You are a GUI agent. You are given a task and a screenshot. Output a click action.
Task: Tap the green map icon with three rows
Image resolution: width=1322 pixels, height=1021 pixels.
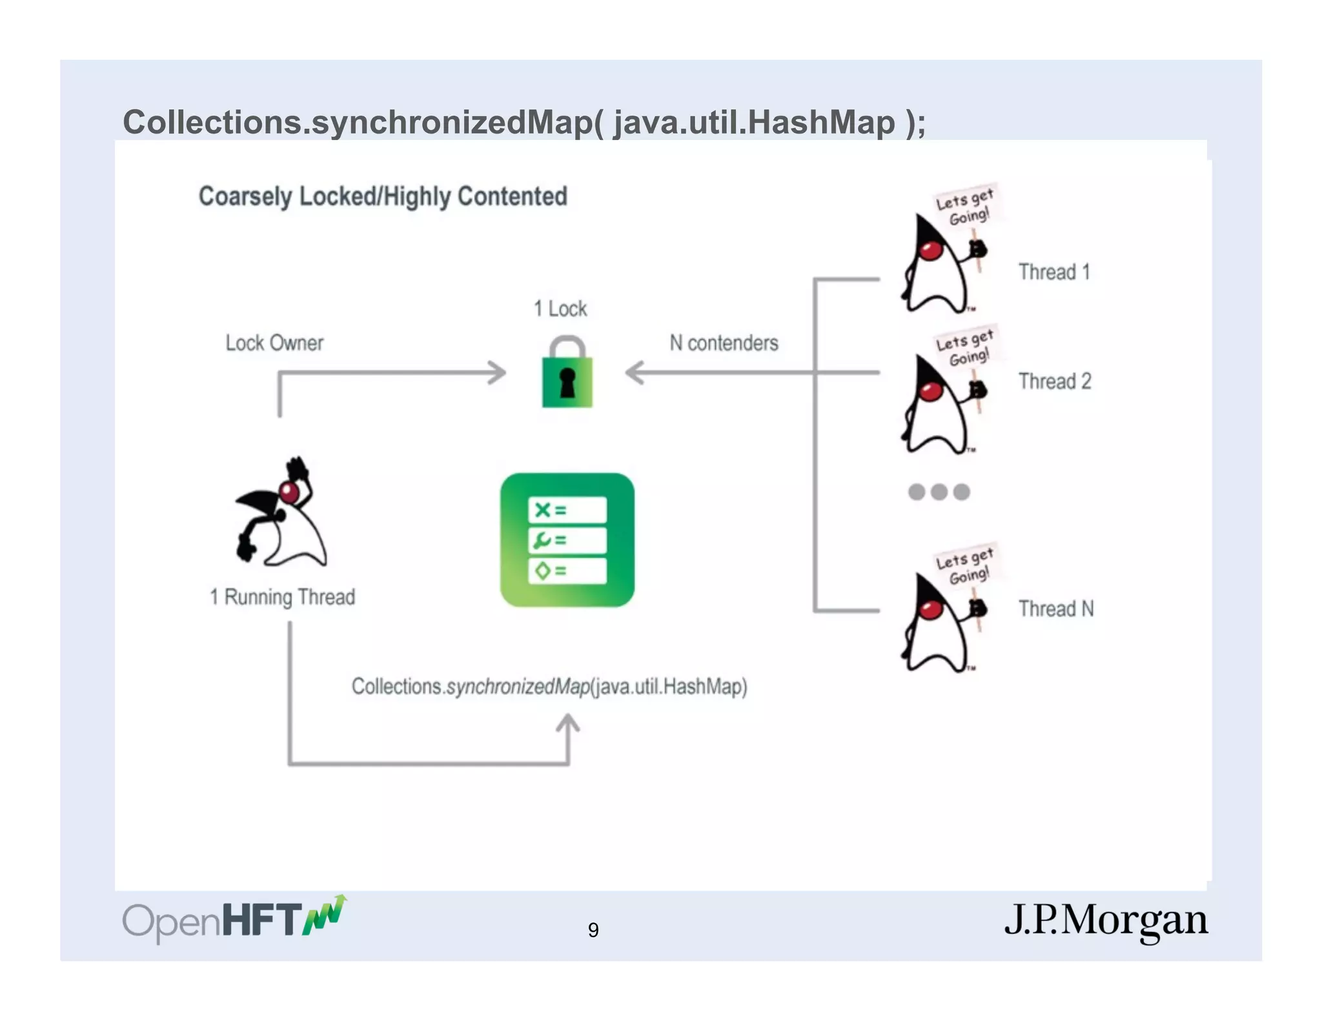(x=567, y=540)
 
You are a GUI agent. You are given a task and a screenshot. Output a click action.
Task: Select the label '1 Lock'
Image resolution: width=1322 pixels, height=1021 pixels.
(x=560, y=308)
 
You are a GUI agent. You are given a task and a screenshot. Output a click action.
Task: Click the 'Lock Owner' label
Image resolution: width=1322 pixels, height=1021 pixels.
(x=274, y=343)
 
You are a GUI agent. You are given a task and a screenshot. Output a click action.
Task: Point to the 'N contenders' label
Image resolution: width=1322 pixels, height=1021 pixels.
(x=724, y=343)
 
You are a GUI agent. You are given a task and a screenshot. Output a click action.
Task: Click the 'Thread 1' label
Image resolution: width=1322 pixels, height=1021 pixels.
(x=1054, y=272)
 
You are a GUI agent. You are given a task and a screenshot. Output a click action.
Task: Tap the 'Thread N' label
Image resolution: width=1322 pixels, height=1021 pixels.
(x=1056, y=609)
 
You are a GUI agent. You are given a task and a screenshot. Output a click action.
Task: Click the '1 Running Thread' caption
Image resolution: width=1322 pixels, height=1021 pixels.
(x=282, y=597)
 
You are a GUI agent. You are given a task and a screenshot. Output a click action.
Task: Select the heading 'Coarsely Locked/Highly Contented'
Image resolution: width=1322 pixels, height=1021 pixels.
(x=383, y=196)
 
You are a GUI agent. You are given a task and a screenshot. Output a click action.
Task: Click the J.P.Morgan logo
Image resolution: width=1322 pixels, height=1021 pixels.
(x=1106, y=920)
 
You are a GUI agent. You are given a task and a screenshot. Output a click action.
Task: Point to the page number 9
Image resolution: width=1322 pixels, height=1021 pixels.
(x=593, y=930)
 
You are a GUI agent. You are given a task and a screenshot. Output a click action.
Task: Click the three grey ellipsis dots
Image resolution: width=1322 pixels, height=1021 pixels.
(x=939, y=492)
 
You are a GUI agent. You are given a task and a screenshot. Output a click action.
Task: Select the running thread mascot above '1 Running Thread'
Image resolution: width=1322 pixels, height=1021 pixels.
(x=282, y=513)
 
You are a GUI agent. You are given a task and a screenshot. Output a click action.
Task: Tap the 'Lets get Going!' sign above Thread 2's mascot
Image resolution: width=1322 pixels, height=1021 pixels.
(x=965, y=347)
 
